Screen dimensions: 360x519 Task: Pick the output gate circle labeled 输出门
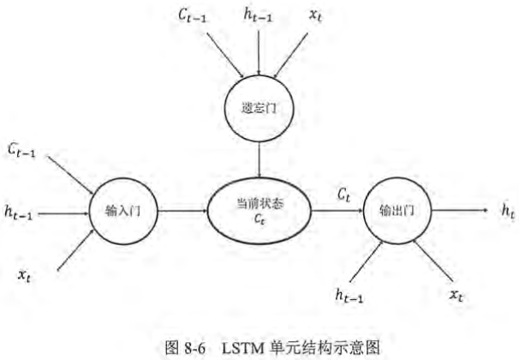point(394,210)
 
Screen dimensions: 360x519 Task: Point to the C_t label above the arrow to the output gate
point(343,195)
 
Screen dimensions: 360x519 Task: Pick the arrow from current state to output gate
point(337,210)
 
